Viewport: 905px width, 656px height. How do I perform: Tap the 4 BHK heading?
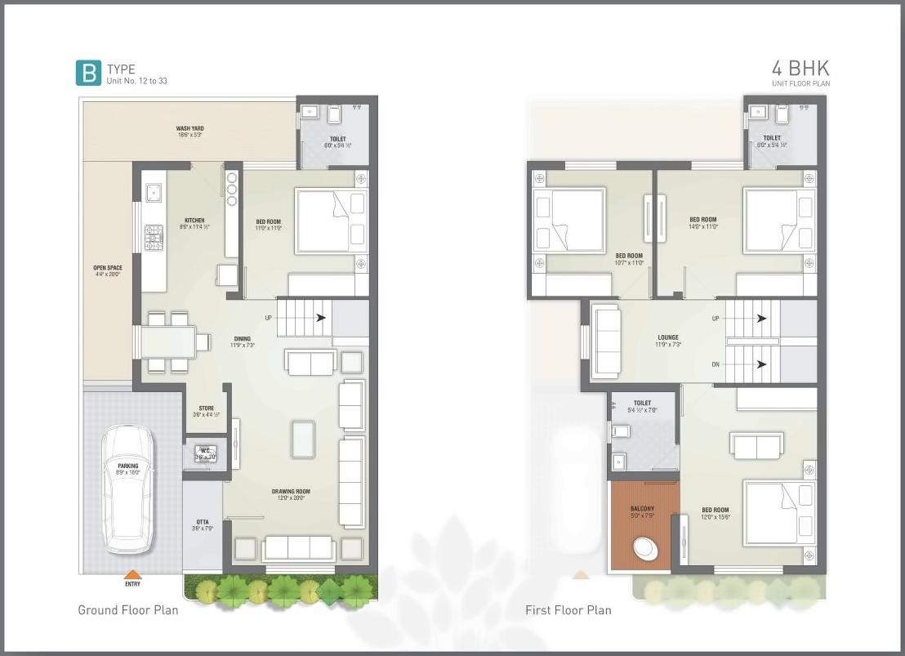point(800,69)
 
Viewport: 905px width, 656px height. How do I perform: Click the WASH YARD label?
point(189,128)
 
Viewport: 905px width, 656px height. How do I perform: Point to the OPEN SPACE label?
point(107,268)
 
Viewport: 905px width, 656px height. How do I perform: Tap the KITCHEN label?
point(194,221)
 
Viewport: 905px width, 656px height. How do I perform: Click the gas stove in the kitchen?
point(154,236)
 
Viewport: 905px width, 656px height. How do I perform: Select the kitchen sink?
point(153,193)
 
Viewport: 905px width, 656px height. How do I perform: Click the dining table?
point(169,341)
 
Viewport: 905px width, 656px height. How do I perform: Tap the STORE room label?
point(206,408)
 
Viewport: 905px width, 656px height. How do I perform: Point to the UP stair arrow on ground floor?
point(321,318)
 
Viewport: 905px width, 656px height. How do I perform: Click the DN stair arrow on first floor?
point(761,364)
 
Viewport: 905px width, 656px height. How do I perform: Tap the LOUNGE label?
point(668,337)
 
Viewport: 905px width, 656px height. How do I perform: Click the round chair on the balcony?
point(645,548)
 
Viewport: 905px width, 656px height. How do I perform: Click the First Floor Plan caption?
point(568,610)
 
